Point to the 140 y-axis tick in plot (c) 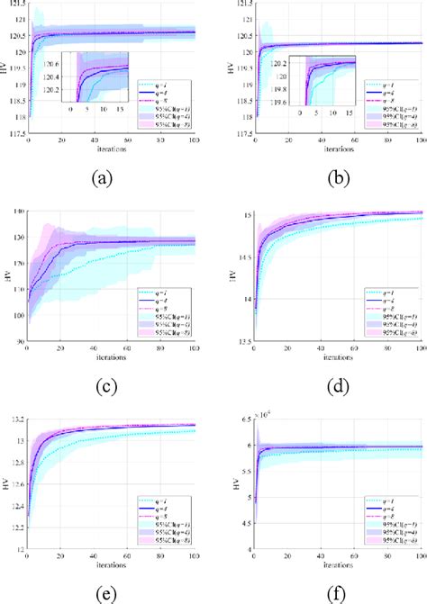(x=18, y=212)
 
